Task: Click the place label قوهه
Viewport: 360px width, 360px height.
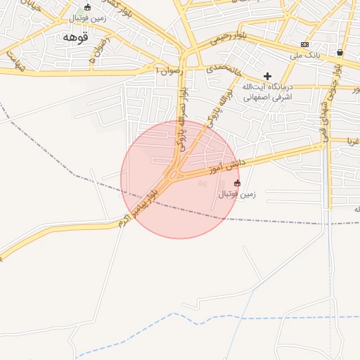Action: [74, 36]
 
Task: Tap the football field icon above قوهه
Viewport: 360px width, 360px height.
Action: [87, 8]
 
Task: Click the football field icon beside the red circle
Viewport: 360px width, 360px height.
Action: [237, 183]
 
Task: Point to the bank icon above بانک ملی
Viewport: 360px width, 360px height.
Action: [304, 44]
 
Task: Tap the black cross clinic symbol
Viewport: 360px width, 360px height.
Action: [267, 76]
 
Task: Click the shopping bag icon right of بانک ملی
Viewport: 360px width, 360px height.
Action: [340, 52]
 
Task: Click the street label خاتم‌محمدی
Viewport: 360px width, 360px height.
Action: [224, 70]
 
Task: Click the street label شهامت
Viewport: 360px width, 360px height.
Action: [15, 61]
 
